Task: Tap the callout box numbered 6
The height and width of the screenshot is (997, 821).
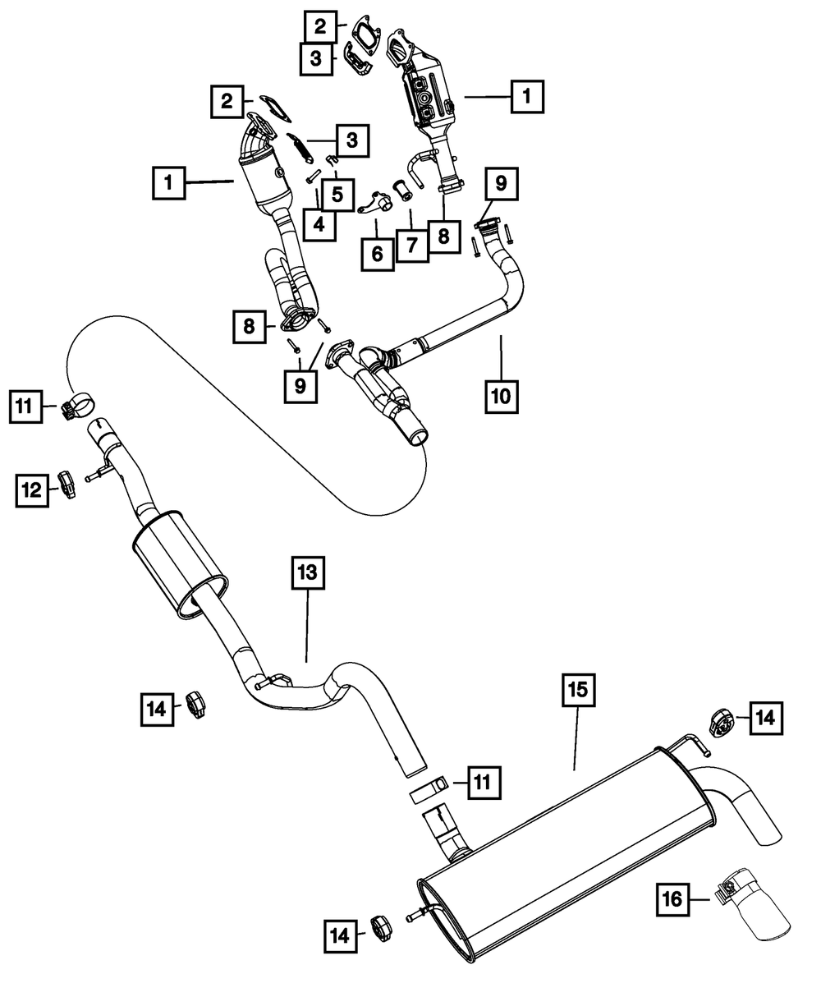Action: pyautogui.click(x=377, y=253)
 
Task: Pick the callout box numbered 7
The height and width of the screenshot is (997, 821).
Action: pyautogui.click(x=411, y=244)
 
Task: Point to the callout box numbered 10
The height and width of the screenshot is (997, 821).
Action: pyautogui.click(x=500, y=396)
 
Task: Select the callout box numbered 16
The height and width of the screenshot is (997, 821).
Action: pyautogui.click(x=672, y=901)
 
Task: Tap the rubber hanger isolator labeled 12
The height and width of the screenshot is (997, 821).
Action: pyautogui.click(x=67, y=485)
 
